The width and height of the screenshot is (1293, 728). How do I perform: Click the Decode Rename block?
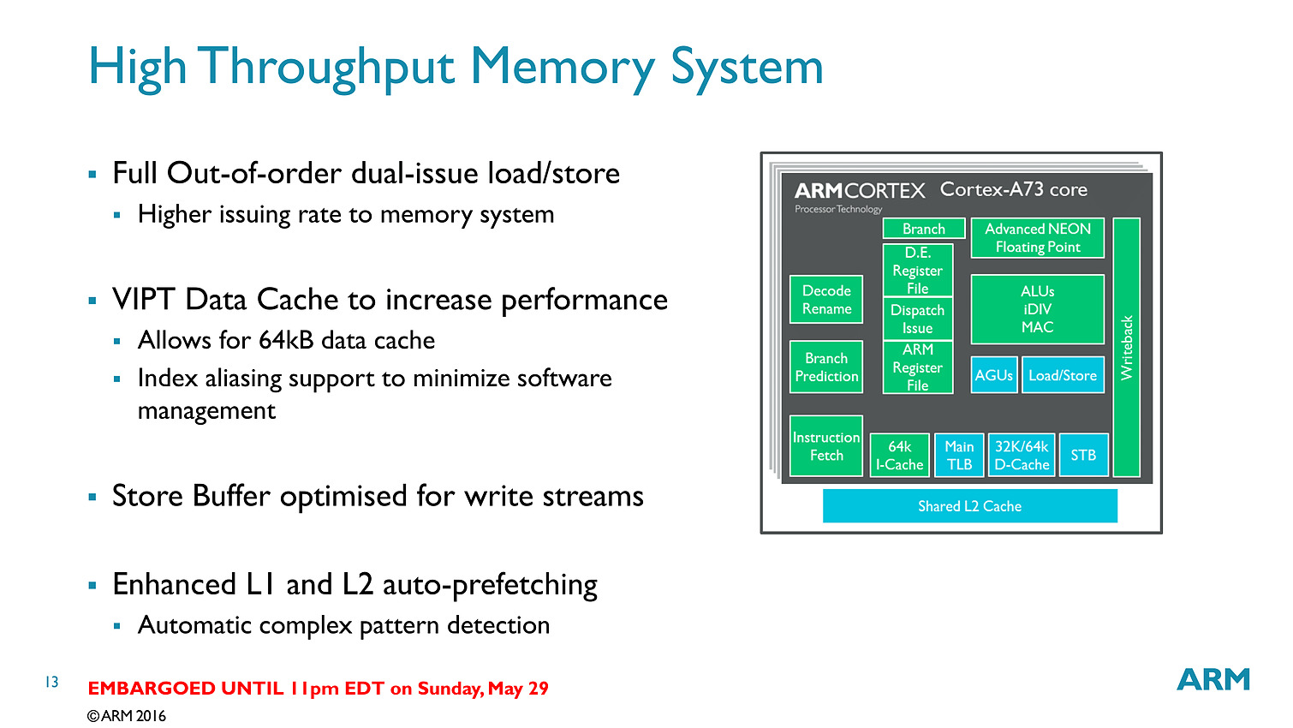point(826,300)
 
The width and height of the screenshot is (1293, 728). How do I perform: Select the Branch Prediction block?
point(826,367)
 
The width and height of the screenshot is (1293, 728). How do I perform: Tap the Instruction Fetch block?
point(826,446)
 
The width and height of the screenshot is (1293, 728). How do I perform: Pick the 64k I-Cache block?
point(899,456)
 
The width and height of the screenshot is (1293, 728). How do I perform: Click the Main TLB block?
point(959,456)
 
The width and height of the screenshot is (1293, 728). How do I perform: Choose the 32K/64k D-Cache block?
point(1022,456)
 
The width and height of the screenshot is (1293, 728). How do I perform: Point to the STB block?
point(1083,456)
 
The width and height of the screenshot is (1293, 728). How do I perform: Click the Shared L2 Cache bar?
point(969,506)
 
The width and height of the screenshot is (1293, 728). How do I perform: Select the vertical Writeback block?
point(1126,348)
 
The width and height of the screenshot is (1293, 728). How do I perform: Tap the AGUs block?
point(994,375)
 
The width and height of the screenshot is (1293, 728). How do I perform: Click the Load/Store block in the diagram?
point(1063,375)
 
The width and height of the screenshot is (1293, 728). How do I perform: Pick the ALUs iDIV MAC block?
point(1038,309)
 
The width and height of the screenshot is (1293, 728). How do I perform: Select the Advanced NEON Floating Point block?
point(1038,238)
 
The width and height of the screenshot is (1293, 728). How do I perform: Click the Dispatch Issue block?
point(917,319)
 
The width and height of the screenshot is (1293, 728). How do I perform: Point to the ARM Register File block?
point(917,367)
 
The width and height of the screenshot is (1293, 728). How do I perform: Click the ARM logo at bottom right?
point(1213,679)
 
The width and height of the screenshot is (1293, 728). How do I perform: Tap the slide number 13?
point(51,682)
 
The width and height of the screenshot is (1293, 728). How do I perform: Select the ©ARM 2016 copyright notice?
point(127,716)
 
